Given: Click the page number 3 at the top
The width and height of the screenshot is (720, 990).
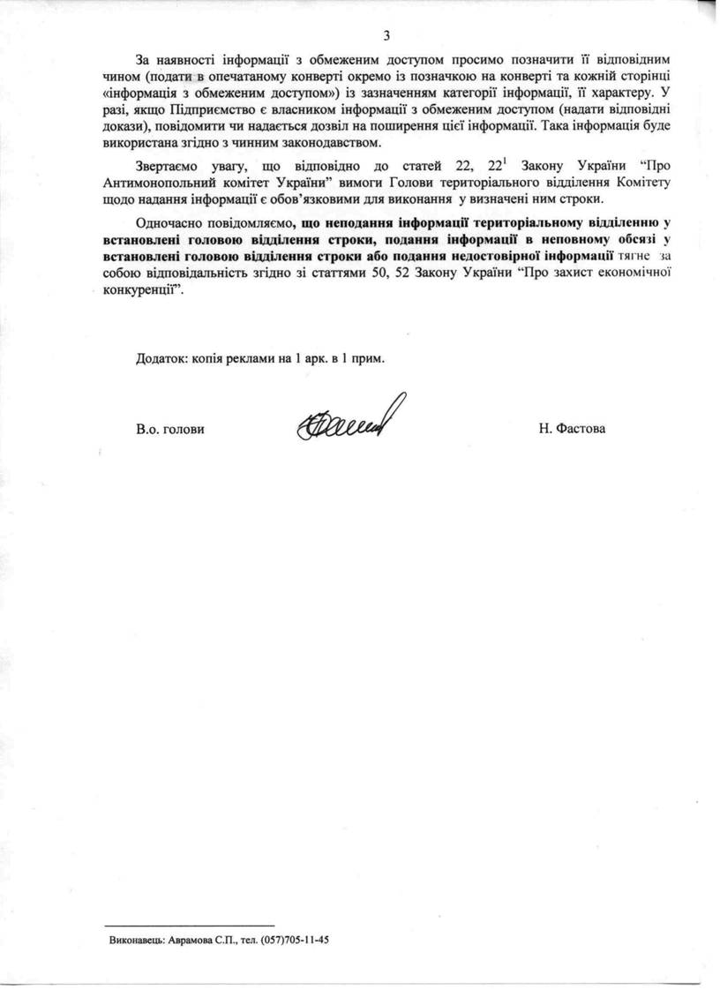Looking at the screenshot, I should (386, 35).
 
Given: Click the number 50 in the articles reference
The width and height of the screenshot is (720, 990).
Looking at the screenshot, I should (379, 273).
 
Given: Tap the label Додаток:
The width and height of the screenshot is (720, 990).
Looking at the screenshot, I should (161, 359).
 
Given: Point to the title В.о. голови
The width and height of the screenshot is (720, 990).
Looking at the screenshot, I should (170, 429).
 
